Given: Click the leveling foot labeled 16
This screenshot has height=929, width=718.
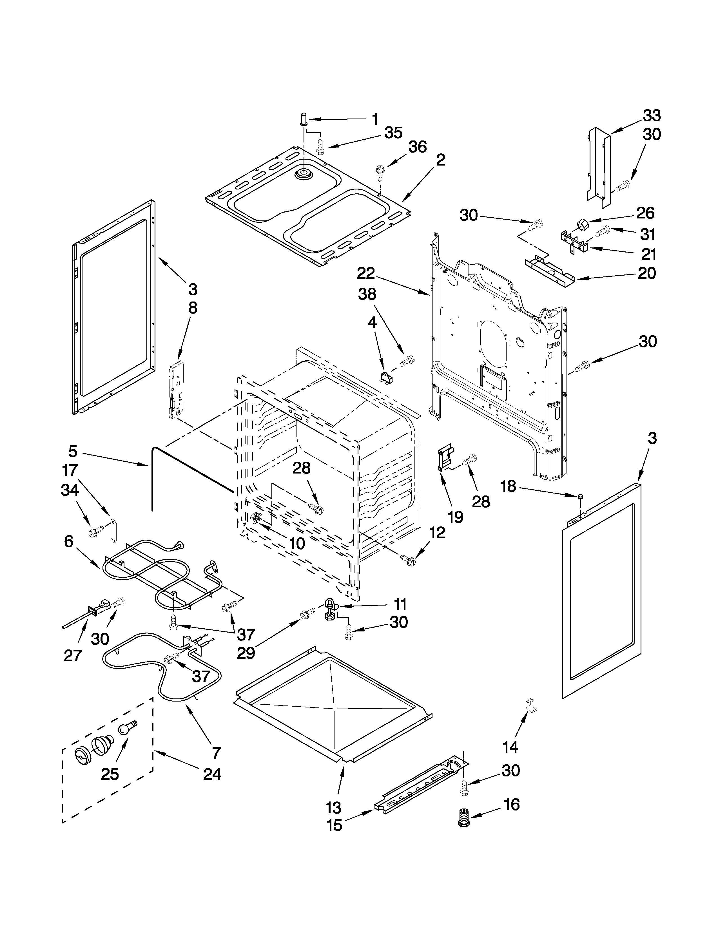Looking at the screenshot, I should coord(463,818).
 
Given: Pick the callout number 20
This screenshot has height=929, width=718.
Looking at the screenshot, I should coord(646,273).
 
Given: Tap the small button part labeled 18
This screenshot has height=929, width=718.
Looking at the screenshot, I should coord(581,496).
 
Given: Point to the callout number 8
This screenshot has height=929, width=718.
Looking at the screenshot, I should coord(192,308).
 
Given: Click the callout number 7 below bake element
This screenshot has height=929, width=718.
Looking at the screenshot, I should coord(216,752).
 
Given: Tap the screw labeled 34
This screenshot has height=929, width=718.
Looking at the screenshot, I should coord(94,532).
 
